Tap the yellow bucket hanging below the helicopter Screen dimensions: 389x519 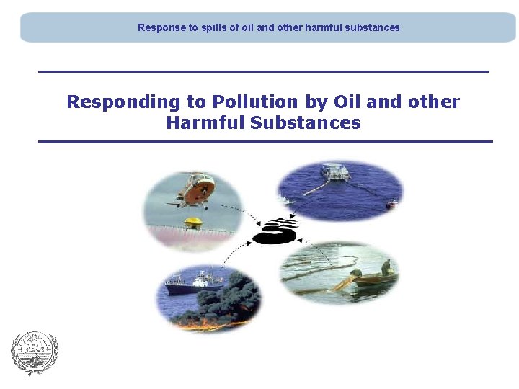192,223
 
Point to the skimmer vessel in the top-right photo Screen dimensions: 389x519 335,173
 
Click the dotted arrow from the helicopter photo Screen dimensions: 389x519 249,214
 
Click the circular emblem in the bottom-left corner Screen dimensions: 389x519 34,353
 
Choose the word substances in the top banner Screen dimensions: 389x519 375,27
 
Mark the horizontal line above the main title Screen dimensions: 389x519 263,71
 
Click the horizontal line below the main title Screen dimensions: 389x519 265,141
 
